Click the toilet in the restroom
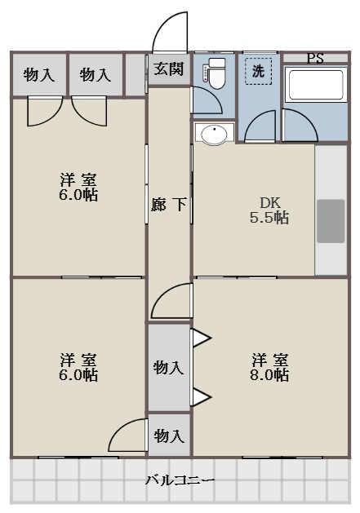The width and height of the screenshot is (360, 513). (216, 73)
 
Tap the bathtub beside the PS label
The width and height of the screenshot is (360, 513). (315, 84)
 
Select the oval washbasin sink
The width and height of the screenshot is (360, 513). (214, 134)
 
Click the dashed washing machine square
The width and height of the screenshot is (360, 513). (259, 72)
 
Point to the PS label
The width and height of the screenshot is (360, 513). (315, 58)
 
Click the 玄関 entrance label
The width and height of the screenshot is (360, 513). (169, 69)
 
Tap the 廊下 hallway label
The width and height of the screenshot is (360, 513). (169, 205)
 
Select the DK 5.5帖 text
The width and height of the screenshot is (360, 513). (269, 210)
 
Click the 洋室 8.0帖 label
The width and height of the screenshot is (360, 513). (269, 367)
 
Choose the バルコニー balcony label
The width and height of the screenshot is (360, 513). (180, 480)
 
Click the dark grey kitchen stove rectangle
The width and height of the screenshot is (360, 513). (331, 221)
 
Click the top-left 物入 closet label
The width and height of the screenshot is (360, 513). (39, 74)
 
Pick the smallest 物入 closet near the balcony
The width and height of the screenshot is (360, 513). (169, 436)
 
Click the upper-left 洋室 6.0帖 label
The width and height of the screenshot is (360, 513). (78, 187)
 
